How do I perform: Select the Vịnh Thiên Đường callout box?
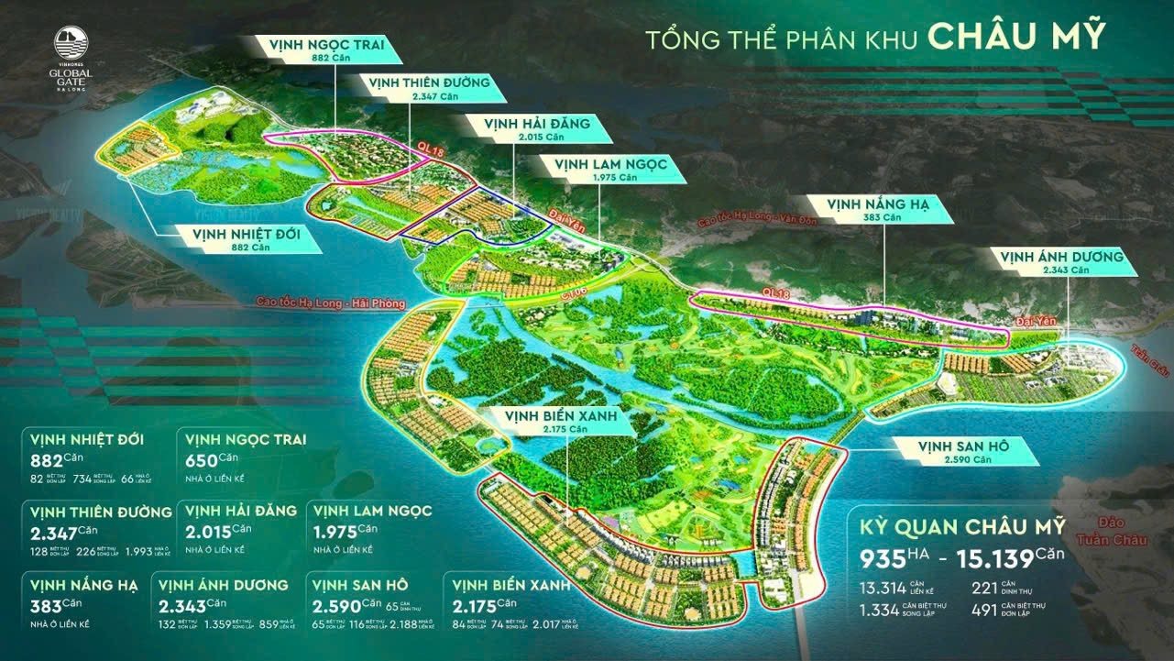423,87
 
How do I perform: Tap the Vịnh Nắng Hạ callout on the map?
878,210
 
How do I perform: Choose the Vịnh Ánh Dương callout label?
1062,262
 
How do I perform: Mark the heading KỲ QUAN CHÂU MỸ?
961,528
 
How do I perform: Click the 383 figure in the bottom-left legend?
47,607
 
